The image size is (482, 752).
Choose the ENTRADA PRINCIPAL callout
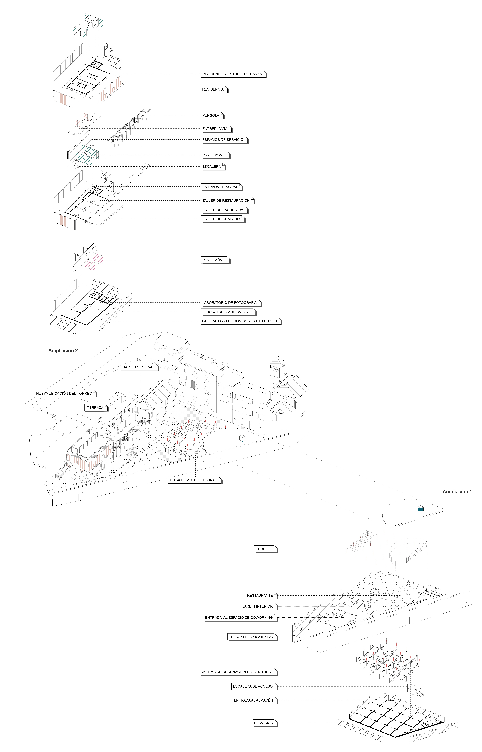click(220, 187)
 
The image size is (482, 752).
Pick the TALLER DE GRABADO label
click(221, 219)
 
